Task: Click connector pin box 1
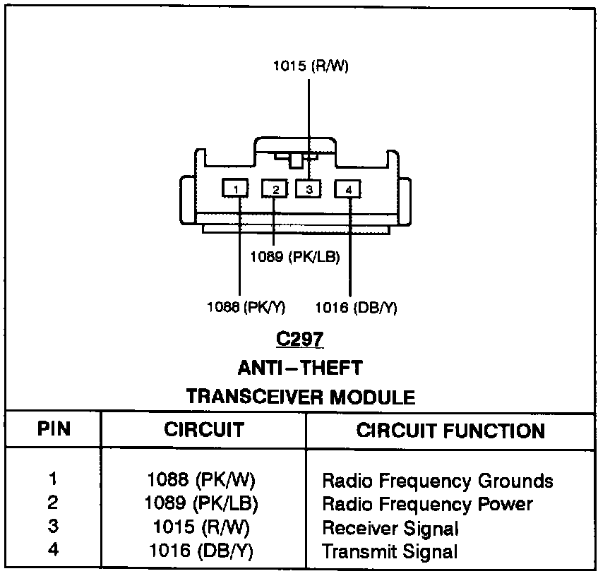coord(236,188)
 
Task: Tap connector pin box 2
coord(275,188)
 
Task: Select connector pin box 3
coord(309,188)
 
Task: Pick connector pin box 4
coord(348,188)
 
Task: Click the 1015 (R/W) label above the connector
coord(311,67)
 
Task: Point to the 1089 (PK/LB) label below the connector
coord(295,257)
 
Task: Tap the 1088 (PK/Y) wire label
coord(246,307)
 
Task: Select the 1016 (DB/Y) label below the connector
coord(356,307)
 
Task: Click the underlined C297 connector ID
coord(300,339)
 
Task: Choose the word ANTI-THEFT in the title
coord(300,367)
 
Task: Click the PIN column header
coord(54,430)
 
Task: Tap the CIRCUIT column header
coord(203,430)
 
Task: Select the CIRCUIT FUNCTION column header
coord(450,431)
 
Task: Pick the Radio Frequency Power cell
coord(427,504)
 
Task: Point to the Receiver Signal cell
coord(390,528)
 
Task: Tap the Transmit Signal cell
coord(390,551)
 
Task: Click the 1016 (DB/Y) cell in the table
coord(201,551)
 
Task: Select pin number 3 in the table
coord(53,527)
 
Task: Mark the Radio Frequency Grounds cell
coord(437,481)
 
